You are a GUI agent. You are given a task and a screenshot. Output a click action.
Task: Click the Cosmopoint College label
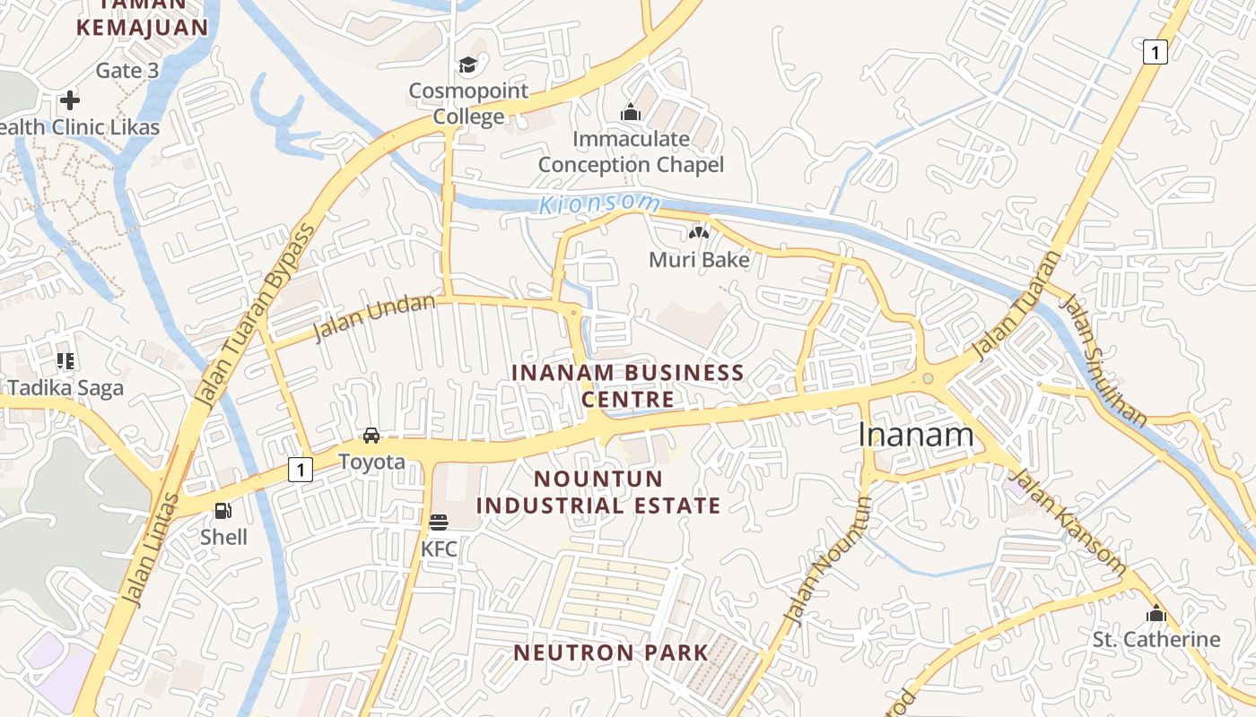point(468,104)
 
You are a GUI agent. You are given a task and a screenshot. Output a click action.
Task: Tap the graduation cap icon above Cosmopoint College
point(467,65)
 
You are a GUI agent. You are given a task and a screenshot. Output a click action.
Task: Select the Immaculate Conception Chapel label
point(630,151)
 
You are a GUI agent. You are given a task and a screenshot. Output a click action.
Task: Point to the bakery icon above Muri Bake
point(698,234)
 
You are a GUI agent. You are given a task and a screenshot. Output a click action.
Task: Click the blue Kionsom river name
point(587,204)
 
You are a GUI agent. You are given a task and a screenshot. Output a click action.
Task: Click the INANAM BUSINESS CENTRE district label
point(627,385)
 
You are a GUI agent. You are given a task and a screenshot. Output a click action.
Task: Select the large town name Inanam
point(915,435)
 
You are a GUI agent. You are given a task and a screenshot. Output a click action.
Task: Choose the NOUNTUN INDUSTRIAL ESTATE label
point(598,492)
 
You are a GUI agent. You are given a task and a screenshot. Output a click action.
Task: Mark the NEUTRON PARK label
point(611,652)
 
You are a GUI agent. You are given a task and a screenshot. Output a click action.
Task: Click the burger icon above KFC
point(439,523)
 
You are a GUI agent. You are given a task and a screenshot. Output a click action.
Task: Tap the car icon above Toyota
point(371,436)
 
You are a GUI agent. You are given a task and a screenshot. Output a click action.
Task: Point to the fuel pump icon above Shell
point(223,512)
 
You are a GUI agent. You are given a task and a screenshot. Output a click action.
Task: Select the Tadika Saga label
point(65,388)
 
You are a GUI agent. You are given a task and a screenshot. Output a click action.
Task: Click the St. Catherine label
point(1156,639)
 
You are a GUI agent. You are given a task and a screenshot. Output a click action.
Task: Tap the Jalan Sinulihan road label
point(1103,359)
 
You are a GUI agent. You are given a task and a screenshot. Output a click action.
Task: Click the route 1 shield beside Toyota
point(301,469)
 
